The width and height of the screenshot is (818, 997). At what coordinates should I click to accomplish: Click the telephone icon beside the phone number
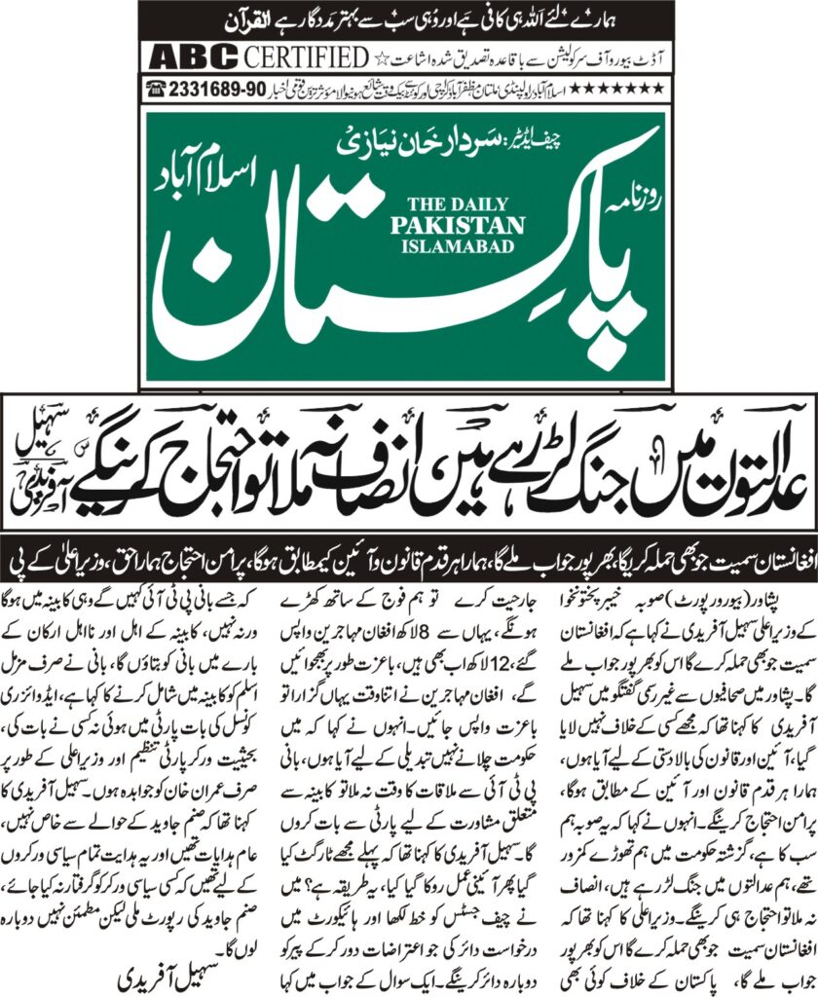pos(154,89)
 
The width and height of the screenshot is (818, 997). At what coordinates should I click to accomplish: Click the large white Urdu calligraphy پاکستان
pos(390,282)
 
